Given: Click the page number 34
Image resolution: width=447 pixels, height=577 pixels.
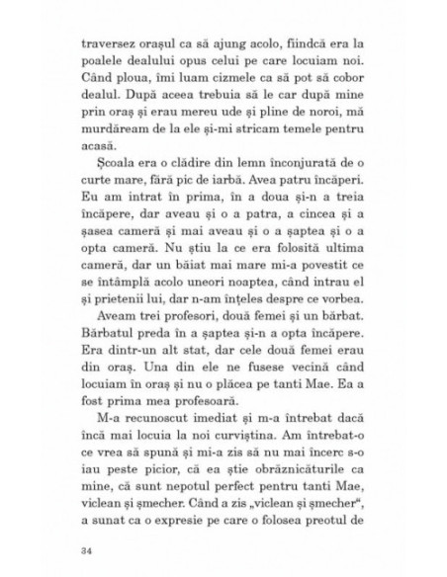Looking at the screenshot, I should (81, 546).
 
